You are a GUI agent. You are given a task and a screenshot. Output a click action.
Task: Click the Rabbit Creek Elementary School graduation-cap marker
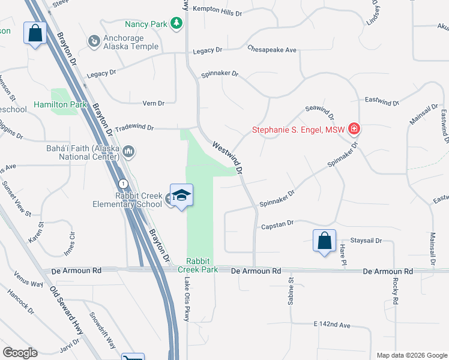click(181, 196)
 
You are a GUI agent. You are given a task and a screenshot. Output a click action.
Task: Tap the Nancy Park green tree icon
click(176, 24)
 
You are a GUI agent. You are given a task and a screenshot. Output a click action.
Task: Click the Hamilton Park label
click(60, 104)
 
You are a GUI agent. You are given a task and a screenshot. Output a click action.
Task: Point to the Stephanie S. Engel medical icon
click(354, 129)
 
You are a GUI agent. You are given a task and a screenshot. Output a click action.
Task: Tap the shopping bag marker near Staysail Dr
click(324, 241)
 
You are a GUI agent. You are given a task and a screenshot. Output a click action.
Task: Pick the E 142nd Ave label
click(331, 325)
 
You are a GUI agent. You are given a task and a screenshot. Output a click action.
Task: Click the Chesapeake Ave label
click(272, 50)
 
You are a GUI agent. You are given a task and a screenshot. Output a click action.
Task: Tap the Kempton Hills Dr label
click(217, 13)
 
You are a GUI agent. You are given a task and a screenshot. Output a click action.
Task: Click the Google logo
click(20, 353)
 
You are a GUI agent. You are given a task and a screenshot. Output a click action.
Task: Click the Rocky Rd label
click(394, 291)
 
